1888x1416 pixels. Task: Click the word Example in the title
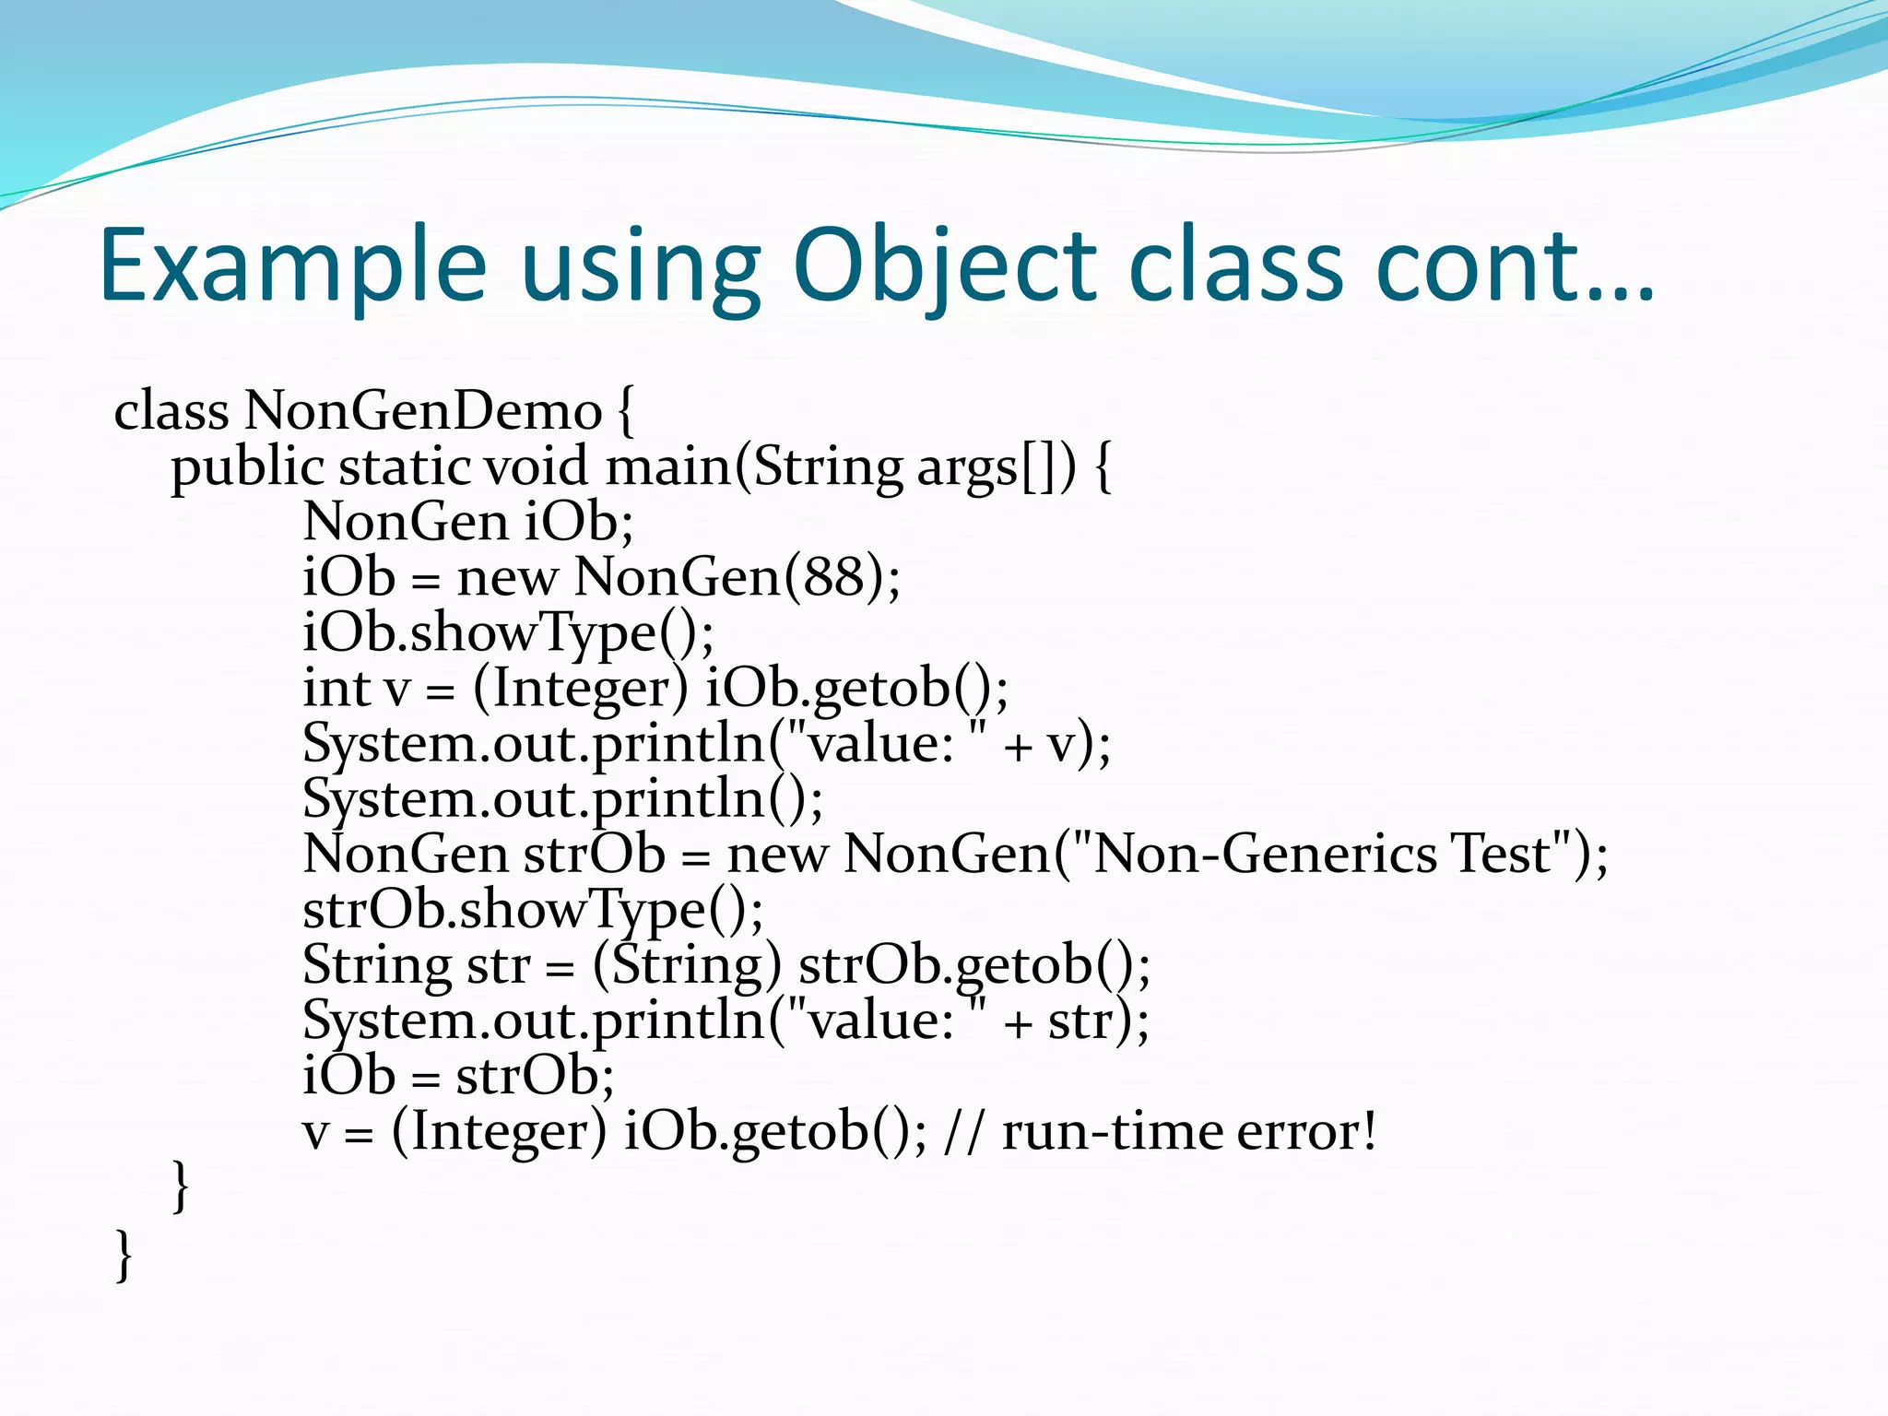292,267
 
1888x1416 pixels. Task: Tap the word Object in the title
944,267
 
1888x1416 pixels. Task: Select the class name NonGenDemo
422,411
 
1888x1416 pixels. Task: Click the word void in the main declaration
535,467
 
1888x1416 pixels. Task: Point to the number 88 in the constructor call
833,578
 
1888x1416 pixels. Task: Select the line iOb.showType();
508,633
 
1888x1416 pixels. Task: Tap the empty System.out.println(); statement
562,799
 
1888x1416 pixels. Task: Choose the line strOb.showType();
533,910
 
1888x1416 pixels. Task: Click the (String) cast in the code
686,965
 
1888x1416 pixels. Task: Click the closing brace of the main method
182,1186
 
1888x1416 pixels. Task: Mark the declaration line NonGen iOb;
467,523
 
